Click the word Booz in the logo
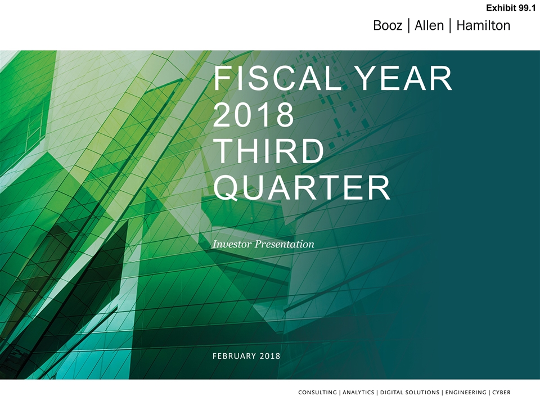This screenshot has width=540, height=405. coord(388,25)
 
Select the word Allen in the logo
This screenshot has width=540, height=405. coord(429,25)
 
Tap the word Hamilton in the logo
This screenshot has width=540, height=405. coord(483,25)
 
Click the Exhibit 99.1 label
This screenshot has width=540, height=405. coord(511,8)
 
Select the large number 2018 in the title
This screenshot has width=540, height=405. coord(254,114)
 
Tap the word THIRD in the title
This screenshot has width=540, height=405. coord(269,151)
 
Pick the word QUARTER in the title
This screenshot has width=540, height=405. coord(301,188)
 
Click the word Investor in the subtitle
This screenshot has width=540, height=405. coord(232,244)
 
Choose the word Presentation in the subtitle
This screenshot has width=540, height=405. coord(285,244)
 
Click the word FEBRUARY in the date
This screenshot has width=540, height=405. coord(234,355)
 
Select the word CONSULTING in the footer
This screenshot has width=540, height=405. coord(317,392)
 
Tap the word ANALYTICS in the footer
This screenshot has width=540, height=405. coord(358,392)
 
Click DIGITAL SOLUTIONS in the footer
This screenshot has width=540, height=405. coord(409,392)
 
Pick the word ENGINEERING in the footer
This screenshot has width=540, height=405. coord(466,392)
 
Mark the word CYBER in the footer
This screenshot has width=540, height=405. coord(501,392)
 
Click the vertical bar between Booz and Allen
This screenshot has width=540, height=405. coord(408,25)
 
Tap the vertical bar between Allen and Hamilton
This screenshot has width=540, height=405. coord(450,25)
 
